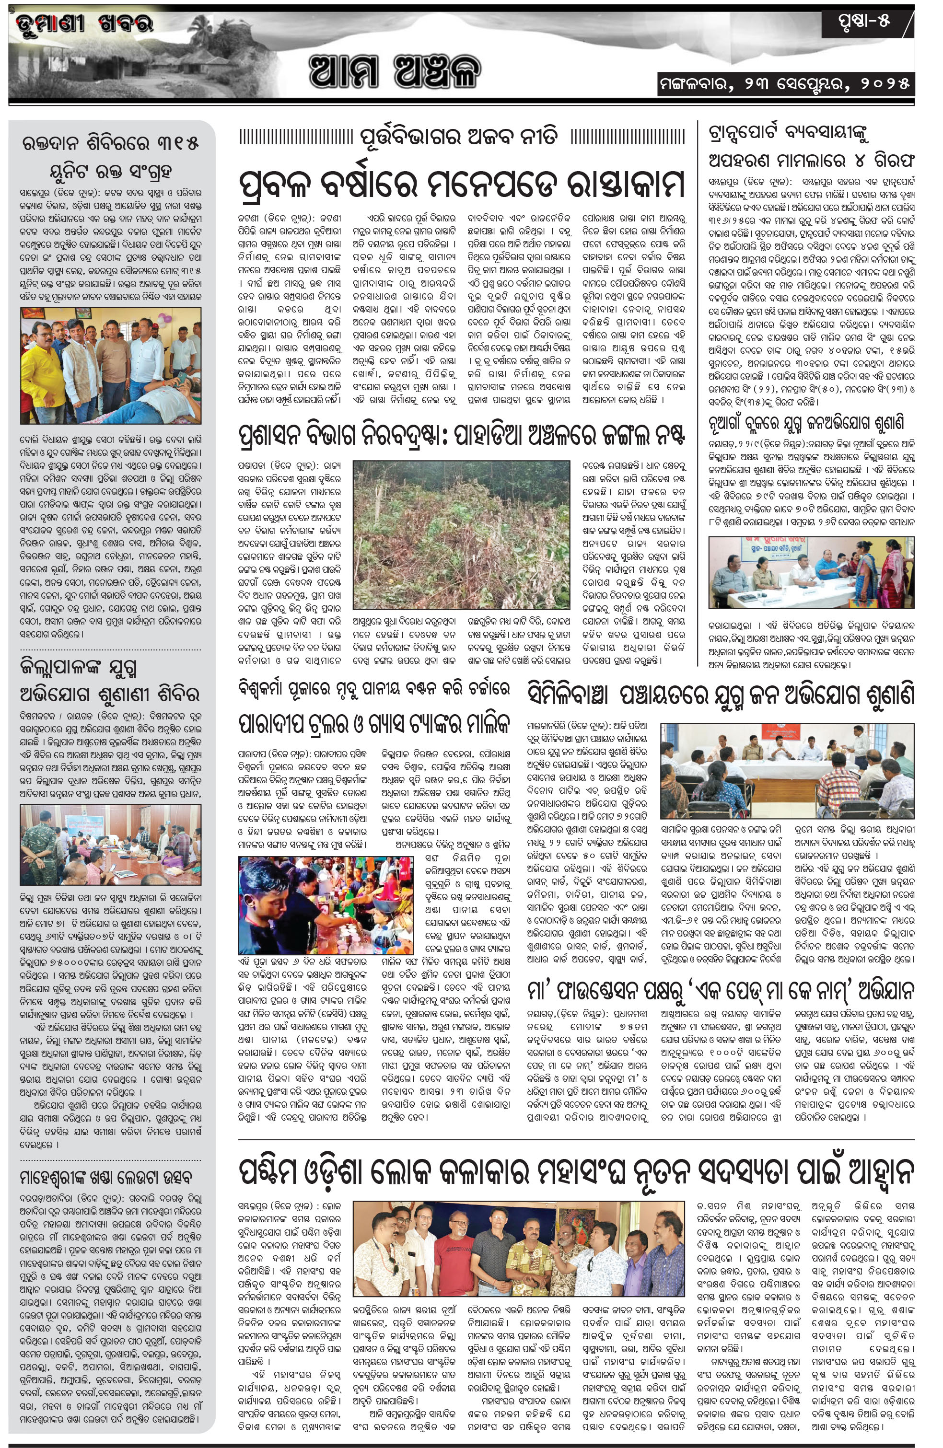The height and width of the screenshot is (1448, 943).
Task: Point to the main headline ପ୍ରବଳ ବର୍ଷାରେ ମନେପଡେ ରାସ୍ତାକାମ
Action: pos(462,182)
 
